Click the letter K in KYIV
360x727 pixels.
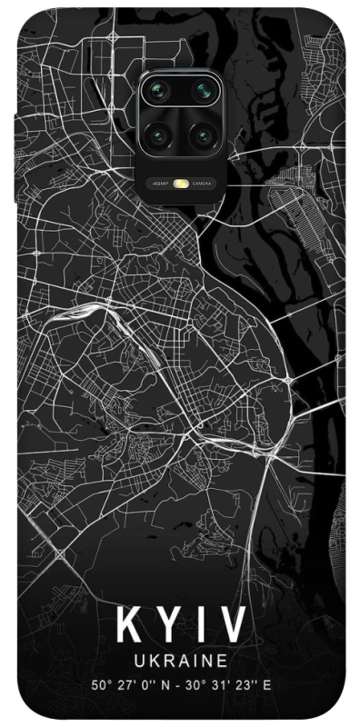[127, 625]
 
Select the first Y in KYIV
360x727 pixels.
[167, 625]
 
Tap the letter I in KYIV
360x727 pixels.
[198, 625]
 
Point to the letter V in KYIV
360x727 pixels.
[231, 625]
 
